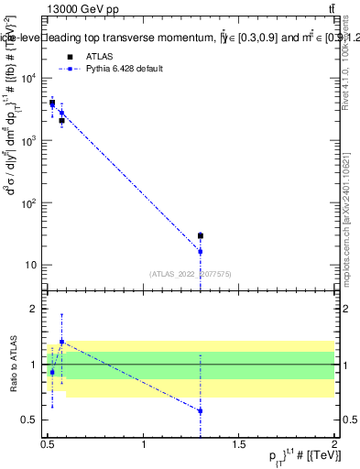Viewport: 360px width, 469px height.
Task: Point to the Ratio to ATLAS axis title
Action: click(13, 364)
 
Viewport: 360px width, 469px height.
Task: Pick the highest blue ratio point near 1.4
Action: click(61, 342)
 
